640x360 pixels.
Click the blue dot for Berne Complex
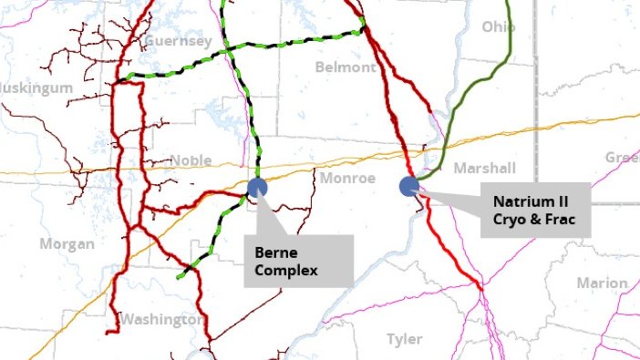(257, 189)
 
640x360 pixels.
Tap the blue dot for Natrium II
(409, 186)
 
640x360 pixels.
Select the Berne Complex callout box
(298, 261)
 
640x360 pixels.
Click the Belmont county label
(345, 67)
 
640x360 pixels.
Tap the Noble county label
(191, 160)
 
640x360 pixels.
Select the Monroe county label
(347, 178)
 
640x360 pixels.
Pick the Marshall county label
(485, 168)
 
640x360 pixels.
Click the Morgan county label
(67, 244)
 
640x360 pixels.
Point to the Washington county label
(160, 320)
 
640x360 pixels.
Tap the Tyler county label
(405, 339)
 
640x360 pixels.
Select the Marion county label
(602, 283)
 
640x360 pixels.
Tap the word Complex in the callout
(289, 271)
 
